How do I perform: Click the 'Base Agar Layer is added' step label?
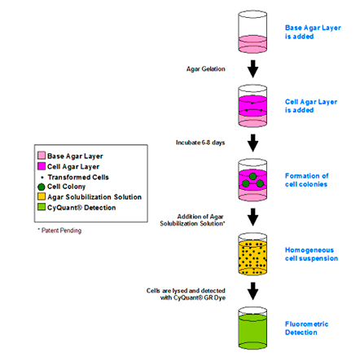point(313,32)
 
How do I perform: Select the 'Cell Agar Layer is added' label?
point(311,106)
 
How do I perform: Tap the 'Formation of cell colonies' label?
point(306,180)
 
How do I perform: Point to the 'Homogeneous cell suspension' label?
point(311,254)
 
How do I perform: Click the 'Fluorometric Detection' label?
point(306,328)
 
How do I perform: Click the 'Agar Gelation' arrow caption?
point(206,69)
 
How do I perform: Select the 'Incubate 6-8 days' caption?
point(200,143)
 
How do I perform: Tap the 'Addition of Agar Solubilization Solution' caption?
point(192,220)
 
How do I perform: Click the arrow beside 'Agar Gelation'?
point(252,69)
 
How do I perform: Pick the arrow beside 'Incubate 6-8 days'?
point(252,143)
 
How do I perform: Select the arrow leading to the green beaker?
point(252,291)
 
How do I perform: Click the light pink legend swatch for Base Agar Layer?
point(42,156)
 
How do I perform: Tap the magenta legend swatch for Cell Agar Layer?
point(42,166)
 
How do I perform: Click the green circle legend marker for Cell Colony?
point(42,187)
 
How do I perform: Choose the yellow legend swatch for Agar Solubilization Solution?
point(42,196)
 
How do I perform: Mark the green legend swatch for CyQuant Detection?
point(42,207)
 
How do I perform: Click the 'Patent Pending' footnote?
point(59,231)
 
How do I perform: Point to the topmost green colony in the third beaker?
point(252,177)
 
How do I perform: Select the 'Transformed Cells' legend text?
point(78,177)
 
